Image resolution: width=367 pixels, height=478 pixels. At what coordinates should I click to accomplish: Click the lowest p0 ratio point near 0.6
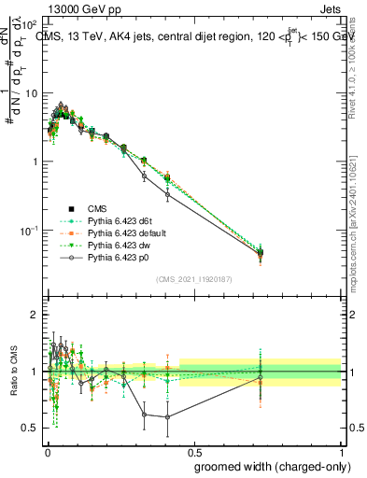coord(167,416)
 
